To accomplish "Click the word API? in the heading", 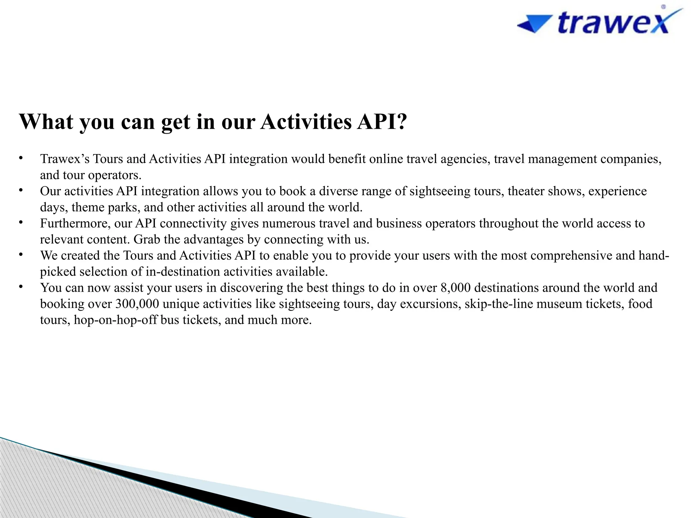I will click(x=382, y=121).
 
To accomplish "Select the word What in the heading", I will click(x=46, y=121).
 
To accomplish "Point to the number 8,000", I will click(x=455, y=288).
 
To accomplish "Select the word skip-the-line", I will click(x=499, y=304).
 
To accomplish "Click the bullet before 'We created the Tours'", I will click(x=21, y=255).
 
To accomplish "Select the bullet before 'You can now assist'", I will click(x=21, y=287).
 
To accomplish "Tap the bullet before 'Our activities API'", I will click(x=21, y=190).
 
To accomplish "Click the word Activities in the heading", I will click(x=306, y=121).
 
